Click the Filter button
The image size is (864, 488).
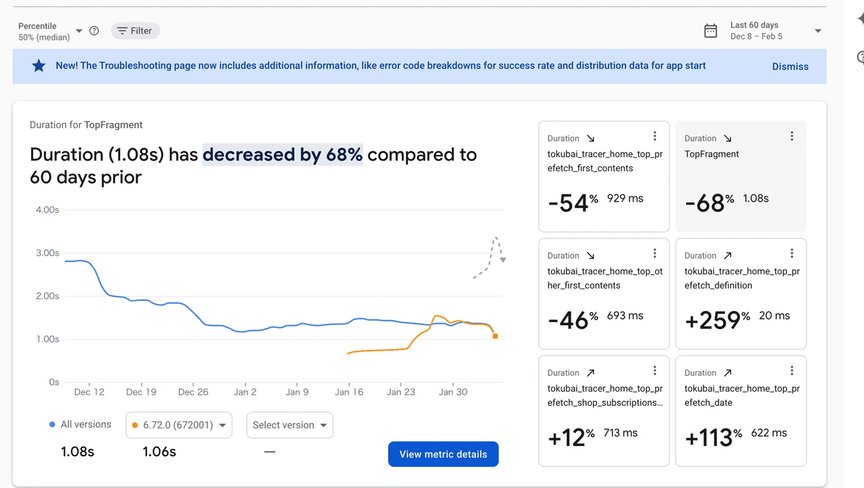coord(135,31)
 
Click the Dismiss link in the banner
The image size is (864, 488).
coord(790,66)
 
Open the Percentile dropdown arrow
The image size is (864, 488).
coord(79,31)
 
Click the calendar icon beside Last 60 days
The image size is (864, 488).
coord(710,31)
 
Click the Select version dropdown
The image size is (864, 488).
coord(289,425)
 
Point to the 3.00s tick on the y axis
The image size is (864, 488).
coord(48,253)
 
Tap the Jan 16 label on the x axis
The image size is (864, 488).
coord(349,392)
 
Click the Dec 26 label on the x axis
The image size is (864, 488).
coord(193,392)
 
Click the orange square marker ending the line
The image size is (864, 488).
coord(495,336)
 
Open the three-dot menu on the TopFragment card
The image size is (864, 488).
coord(792,136)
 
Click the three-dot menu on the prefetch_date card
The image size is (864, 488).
coord(792,371)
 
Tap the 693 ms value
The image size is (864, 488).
coord(625,315)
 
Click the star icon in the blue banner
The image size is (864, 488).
coord(39,66)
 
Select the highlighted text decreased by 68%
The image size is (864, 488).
coord(282,155)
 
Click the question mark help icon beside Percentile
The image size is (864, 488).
coord(94,31)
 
